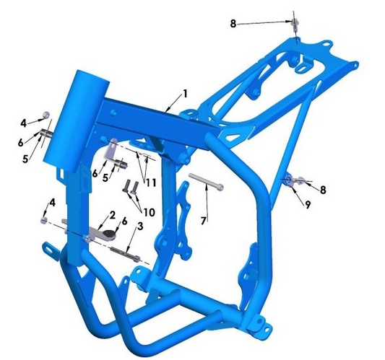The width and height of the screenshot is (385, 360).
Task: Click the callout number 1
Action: (x=185, y=94)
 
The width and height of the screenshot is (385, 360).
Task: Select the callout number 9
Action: (x=307, y=204)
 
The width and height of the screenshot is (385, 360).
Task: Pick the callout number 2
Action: (x=112, y=215)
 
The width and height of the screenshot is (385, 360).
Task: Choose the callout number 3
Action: (x=139, y=227)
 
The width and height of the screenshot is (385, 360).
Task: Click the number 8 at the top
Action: (x=233, y=24)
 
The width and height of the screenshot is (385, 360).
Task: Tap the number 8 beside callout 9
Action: (x=323, y=190)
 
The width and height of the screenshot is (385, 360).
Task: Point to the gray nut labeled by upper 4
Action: (x=46, y=115)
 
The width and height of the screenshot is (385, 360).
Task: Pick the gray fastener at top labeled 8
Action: (x=295, y=23)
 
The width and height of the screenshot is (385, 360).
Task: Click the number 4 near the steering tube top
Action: (x=23, y=123)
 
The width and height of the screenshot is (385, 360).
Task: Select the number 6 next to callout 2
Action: (x=124, y=221)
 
